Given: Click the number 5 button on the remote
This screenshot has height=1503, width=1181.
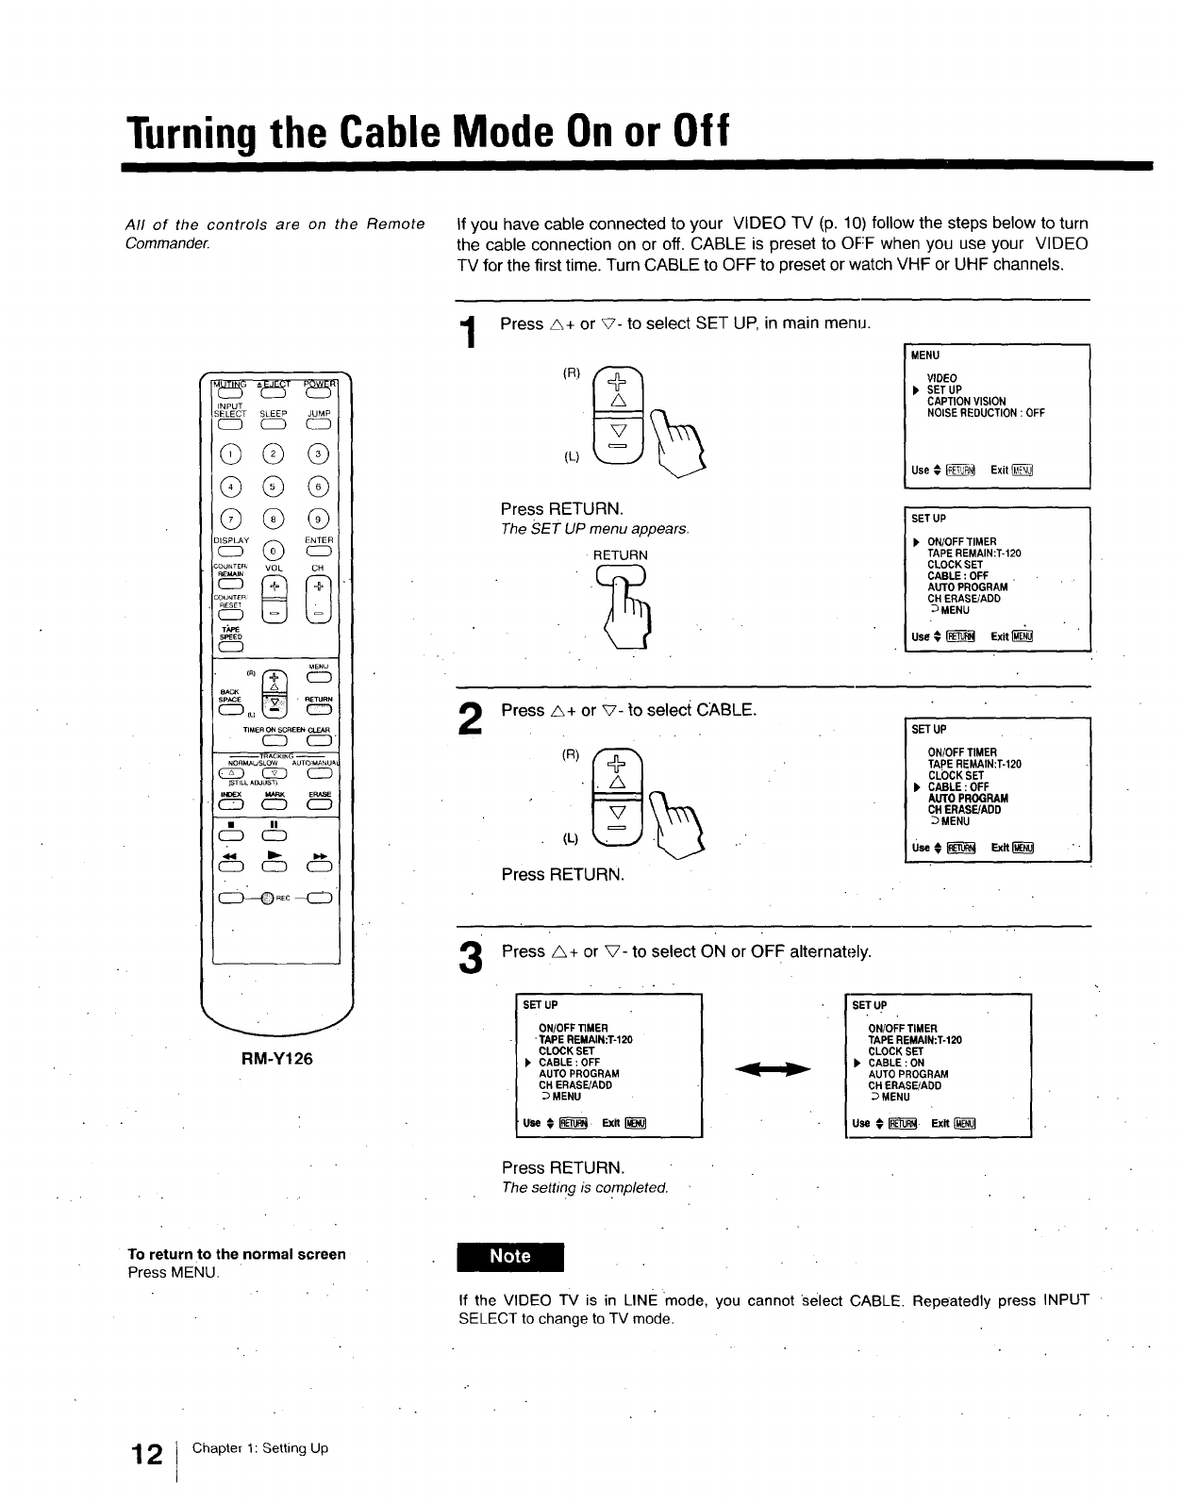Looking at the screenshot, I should (x=273, y=487).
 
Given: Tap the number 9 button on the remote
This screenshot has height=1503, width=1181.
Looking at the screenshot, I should (x=319, y=519).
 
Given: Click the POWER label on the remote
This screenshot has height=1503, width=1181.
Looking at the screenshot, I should (x=319, y=384).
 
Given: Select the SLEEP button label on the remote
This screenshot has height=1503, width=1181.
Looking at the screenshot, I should (x=274, y=414).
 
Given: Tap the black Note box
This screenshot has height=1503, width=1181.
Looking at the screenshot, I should (x=509, y=1257).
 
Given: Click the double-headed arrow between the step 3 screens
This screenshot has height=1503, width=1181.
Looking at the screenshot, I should (x=773, y=1068).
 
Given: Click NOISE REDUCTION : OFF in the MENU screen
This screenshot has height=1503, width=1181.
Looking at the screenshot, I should (x=986, y=413).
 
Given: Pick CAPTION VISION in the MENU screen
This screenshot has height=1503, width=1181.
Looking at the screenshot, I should (x=966, y=402).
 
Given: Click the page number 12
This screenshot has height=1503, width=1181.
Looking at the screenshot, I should (x=147, y=1455).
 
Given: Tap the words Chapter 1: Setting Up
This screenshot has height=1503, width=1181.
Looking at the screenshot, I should (x=260, y=1448).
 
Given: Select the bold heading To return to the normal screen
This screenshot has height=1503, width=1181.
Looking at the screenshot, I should (x=237, y=1254).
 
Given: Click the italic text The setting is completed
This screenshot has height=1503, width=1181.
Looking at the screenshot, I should (x=585, y=1188).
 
